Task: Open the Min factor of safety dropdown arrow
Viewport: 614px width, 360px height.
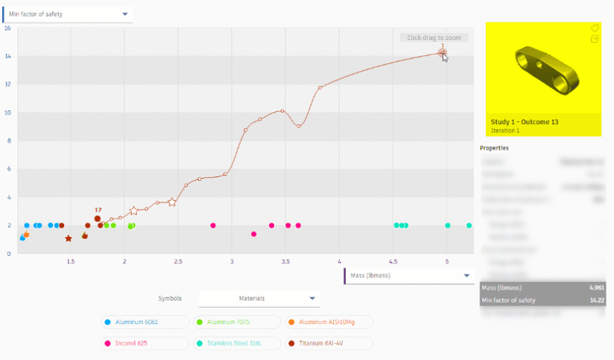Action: [125, 14]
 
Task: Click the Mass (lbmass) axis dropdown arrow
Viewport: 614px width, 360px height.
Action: [466, 276]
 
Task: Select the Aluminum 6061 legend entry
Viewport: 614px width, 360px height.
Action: [145, 322]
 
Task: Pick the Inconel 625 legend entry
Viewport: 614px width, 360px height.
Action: [145, 343]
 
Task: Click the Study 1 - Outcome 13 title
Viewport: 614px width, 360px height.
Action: [524, 122]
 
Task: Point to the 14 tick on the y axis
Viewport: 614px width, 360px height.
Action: [8, 56]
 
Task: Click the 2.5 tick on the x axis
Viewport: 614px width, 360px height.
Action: [178, 261]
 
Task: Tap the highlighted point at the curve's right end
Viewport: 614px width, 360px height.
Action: [443, 52]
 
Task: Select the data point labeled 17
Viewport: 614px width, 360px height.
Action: [98, 219]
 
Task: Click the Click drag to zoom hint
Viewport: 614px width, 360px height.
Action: [434, 38]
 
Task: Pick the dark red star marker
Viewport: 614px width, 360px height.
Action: [68, 239]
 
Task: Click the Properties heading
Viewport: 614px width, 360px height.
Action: [494, 148]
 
